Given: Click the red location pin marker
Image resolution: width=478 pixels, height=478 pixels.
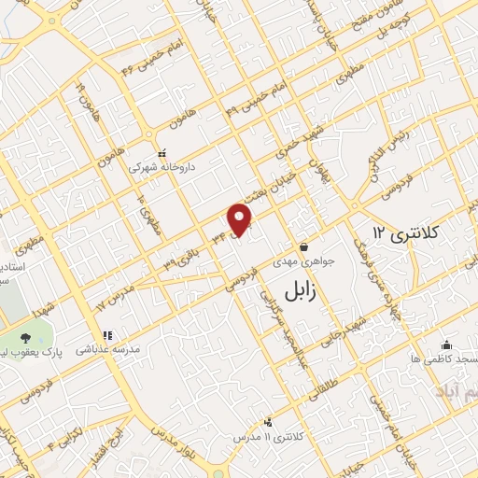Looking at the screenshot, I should tap(241, 218).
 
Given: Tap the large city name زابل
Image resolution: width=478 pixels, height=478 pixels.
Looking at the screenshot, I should tap(299, 290).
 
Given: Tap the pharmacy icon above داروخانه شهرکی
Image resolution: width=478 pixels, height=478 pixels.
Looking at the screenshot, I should tap(162, 152).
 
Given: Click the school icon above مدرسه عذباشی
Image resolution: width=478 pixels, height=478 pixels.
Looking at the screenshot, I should tap(107, 334).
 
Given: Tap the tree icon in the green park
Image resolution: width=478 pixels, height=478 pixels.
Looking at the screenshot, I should tap(32, 339).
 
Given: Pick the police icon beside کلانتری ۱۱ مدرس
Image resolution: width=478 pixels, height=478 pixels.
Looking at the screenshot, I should tap(269, 421).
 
